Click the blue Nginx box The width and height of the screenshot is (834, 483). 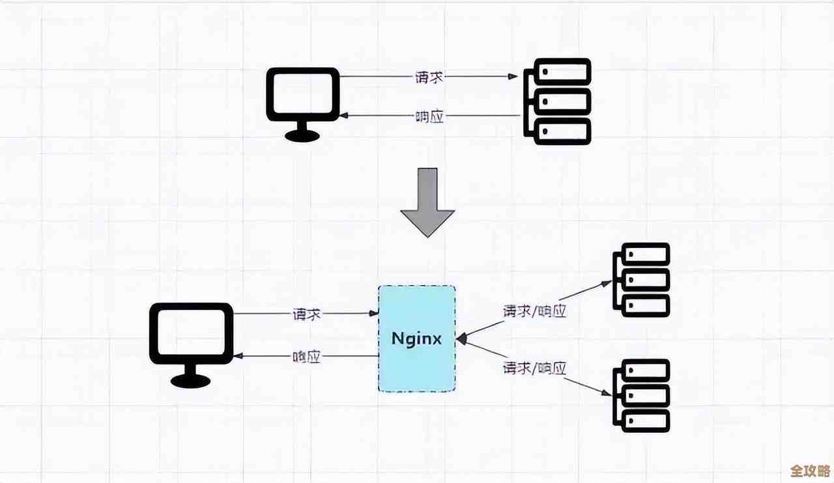(417, 365)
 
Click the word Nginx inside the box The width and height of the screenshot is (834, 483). (417, 339)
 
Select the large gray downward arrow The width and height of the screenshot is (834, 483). (427, 202)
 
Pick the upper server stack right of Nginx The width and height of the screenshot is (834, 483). (642, 280)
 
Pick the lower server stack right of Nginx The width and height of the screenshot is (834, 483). (642, 396)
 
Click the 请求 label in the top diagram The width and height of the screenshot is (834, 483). (429, 77)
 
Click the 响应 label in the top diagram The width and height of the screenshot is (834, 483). (429, 117)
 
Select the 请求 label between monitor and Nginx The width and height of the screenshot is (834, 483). (306, 314)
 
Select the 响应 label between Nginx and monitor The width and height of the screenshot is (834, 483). (306, 357)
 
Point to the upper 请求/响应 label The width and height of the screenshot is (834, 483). (534, 311)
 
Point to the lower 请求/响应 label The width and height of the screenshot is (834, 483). (534, 368)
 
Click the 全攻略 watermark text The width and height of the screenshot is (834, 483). (807, 470)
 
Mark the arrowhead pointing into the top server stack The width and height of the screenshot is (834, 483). (513, 76)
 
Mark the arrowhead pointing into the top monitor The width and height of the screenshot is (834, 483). (345, 116)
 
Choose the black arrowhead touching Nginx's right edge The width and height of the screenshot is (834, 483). (461, 338)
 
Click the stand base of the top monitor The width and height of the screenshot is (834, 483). (303, 136)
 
